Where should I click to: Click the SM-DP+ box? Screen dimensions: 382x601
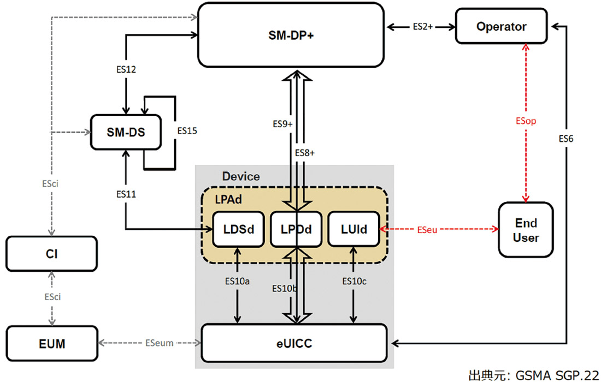pos(291,35)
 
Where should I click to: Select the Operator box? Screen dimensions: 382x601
pos(501,27)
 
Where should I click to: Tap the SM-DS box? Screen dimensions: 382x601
pos(125,131)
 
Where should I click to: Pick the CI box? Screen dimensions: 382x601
pos(52,254)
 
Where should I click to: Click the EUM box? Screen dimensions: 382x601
pos(52,343)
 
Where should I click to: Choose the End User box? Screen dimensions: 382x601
pos(526,230)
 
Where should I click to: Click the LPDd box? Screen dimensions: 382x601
pos(297,230)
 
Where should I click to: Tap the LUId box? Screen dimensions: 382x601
pos(355,230)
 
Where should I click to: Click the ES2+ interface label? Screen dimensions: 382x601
pos(422,26)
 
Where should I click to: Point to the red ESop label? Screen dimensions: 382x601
pos(526,121)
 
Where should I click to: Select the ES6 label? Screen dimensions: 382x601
pos(566,139)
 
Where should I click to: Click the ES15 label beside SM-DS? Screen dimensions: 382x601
pos(187,131)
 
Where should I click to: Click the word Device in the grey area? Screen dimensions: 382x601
pos(241,177)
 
